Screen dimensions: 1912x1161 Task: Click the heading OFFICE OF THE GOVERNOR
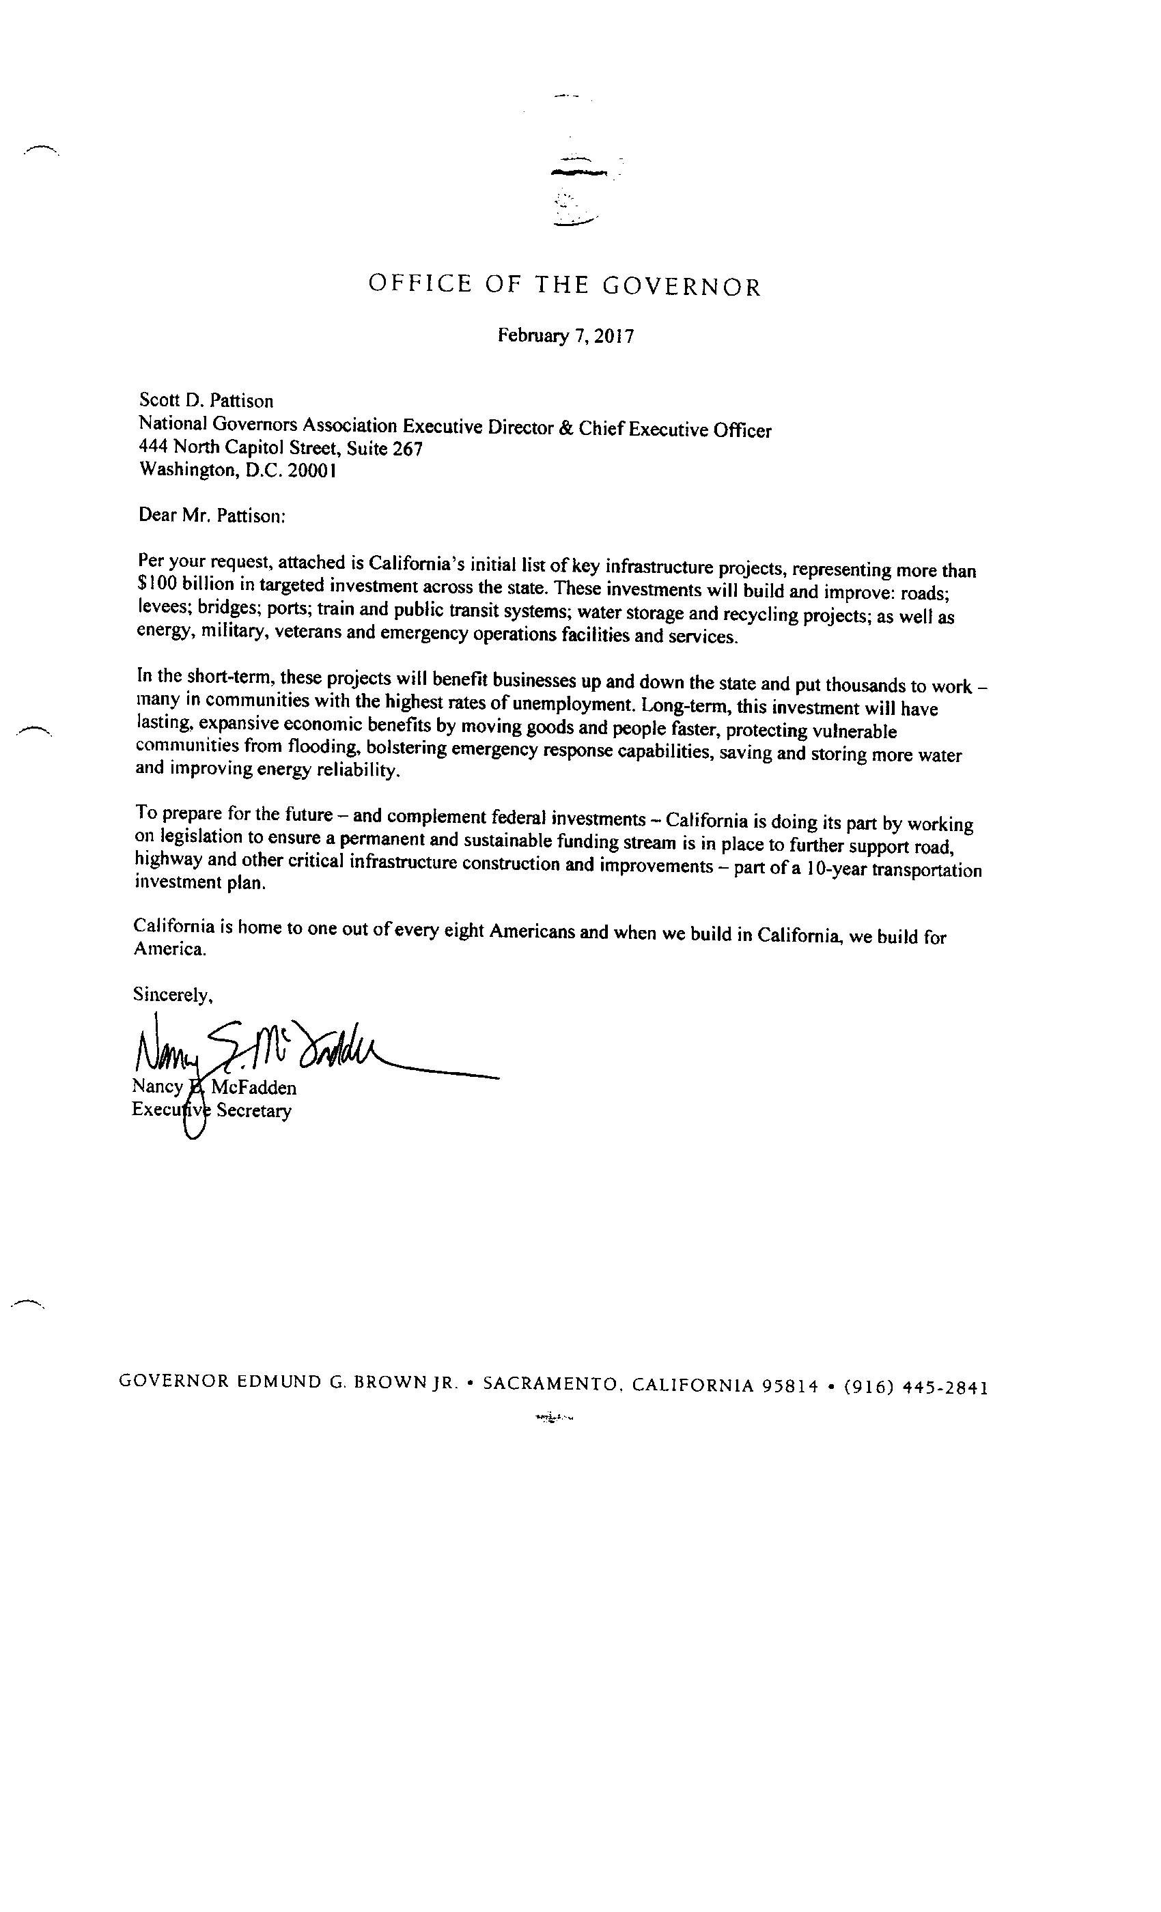(x=564, y=285)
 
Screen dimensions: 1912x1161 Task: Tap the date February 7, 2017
(x=565, y=336)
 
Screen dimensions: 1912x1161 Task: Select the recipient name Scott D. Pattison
(x=206, y=400)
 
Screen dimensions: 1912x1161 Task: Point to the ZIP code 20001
(x=311, y=471)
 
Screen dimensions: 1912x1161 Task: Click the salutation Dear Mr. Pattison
(x=212, y=516)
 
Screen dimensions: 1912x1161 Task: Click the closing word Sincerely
(x=172, y=994)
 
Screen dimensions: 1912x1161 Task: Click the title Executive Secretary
(x=211, y=1110)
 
